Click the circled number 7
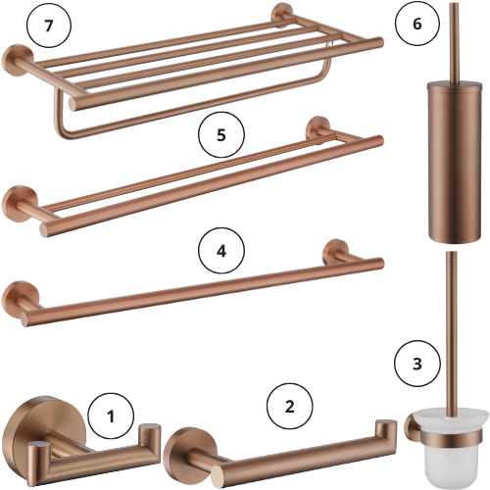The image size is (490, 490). [49, 24]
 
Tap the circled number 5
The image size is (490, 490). [221, 134]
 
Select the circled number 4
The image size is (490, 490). [221, 251]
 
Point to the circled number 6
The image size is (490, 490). [417, 24]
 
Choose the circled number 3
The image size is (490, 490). [417, 364]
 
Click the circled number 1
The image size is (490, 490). [111, 416]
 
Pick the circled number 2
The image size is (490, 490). [290, 407]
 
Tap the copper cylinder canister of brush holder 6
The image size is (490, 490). [455, 162]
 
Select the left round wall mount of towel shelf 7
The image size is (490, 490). [17, 60]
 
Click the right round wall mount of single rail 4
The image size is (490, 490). [336, 251]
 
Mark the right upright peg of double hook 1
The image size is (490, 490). [149, 438]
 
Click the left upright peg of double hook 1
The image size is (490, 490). [38, 456]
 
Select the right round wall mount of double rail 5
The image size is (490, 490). [318, 126]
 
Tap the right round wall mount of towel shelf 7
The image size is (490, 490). [281, 14]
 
